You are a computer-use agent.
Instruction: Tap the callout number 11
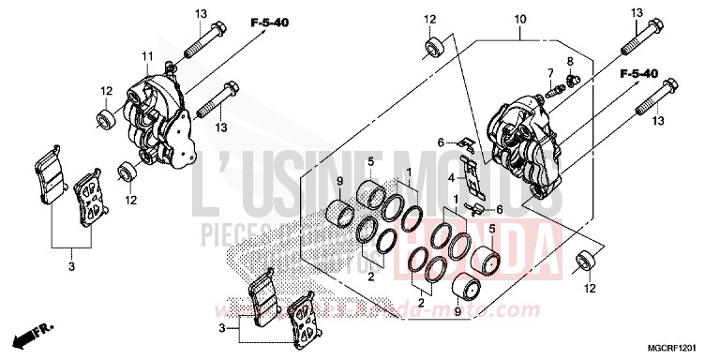tap(147, 58)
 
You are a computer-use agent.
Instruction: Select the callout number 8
tap(568, 62)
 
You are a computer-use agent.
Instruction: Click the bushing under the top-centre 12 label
tap(433, 48)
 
